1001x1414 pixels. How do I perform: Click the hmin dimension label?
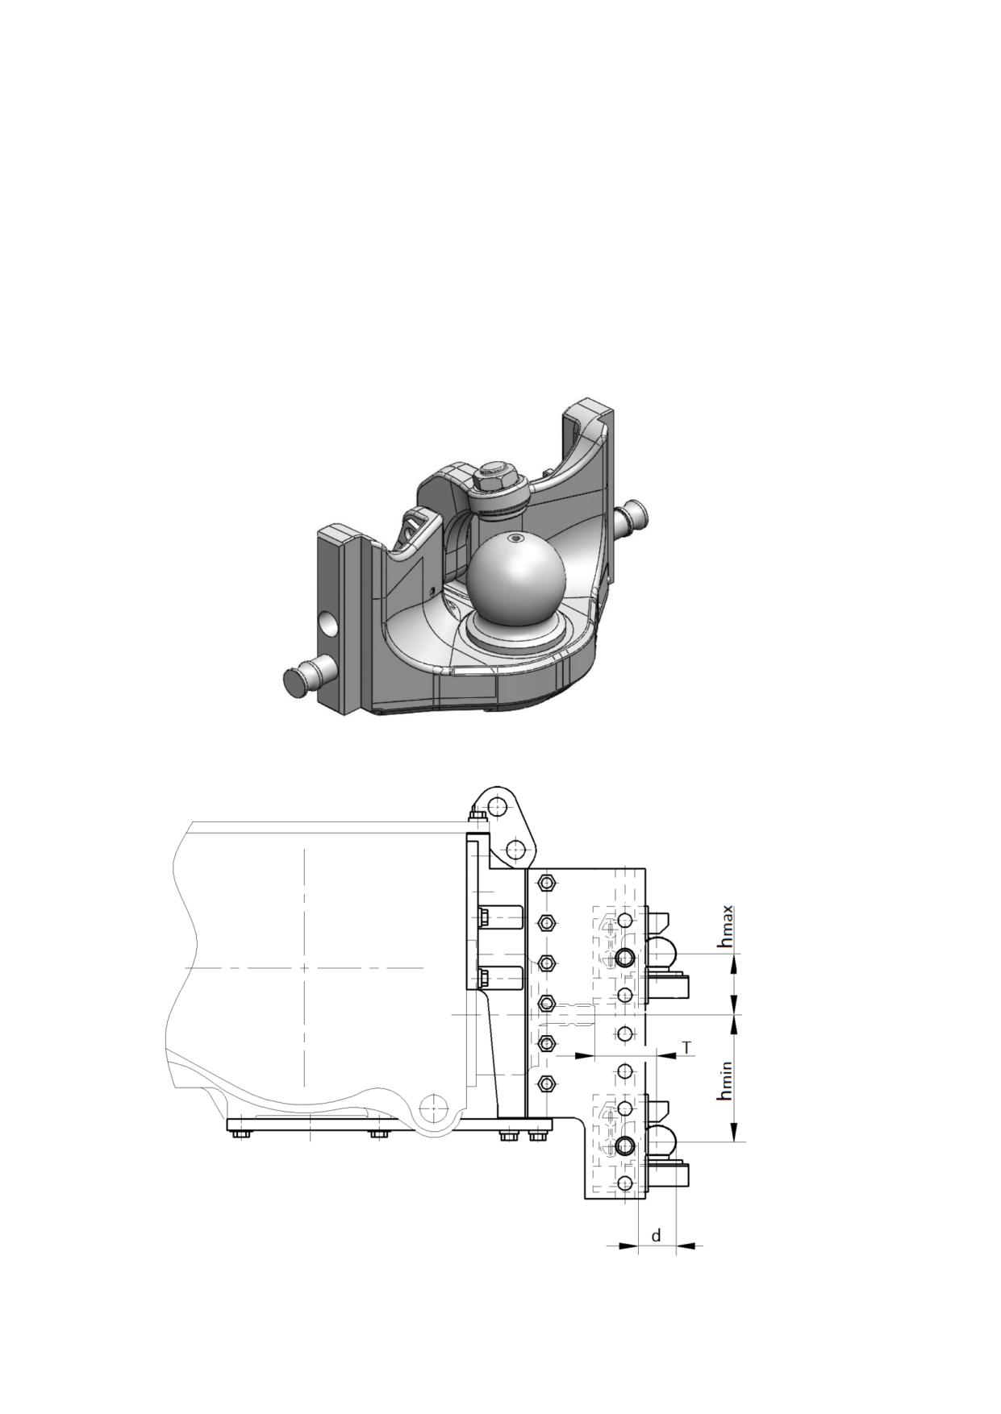point(726,1080)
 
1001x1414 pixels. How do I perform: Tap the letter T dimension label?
point(686,1047)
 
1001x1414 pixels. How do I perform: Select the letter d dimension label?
point(657,1235)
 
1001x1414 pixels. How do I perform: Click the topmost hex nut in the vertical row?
point(547,883)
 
